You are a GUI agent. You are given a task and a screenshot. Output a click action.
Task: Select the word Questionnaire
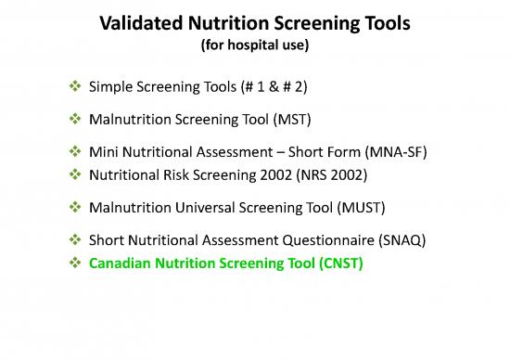click(x=321, y=241)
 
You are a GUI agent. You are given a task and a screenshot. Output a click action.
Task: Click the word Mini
click(x=103, y=150)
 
